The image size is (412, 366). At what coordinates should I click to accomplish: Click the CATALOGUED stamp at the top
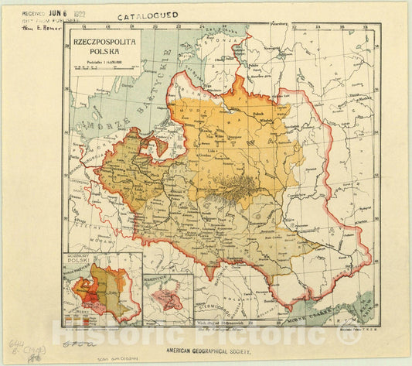pos(147,15)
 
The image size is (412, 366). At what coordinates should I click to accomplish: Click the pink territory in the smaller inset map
pos(167,297)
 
